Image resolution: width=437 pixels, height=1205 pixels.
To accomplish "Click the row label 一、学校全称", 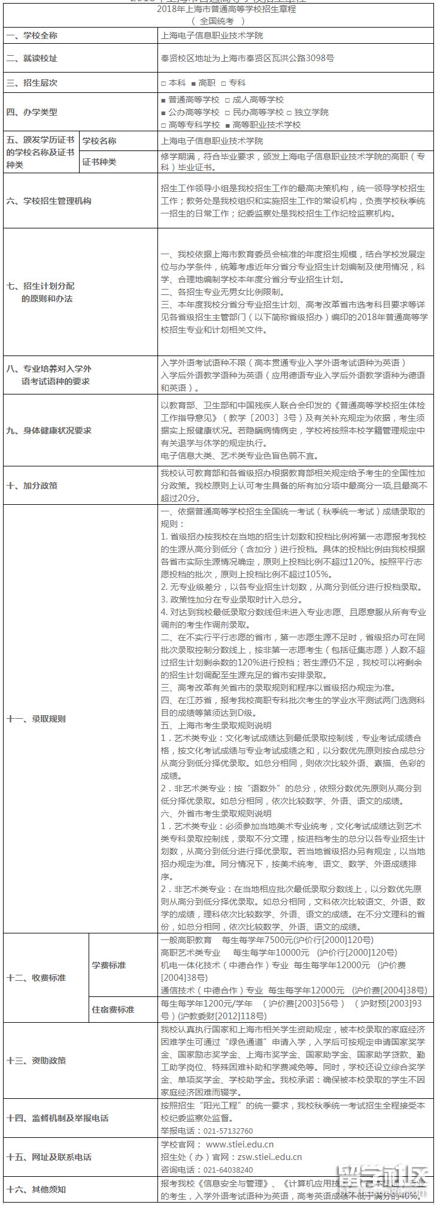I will pos(32,36).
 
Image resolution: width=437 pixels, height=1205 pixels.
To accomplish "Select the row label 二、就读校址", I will pos(32,59).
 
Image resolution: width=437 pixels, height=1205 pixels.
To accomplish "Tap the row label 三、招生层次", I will pos(32,83).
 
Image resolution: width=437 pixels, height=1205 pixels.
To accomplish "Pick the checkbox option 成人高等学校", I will pos(254,100).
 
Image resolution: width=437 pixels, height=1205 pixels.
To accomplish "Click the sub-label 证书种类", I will pos(99,162).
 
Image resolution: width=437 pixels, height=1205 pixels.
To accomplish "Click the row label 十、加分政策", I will pos(32,486).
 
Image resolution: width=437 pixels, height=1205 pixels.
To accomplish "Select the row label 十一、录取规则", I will pos(36,719).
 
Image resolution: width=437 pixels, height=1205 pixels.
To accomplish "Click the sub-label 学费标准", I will pos(109,965).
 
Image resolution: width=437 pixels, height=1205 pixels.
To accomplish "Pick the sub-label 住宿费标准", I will pos(113,1010).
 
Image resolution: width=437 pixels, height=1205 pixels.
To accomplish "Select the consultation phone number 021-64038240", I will pos(228,1170).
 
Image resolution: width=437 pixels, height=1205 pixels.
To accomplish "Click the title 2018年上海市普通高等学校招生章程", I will pos(218,10).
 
